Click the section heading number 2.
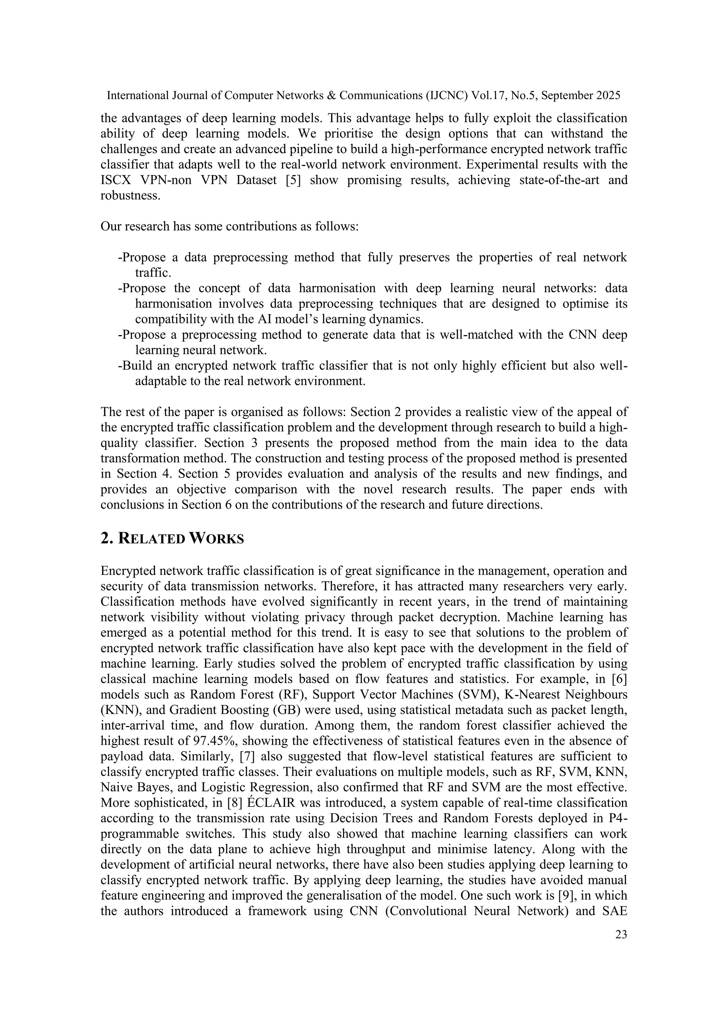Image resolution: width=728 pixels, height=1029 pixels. (x=106, y=538)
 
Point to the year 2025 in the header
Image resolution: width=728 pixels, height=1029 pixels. (x=609, y=96)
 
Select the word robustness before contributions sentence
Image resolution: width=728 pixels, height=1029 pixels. (x=130, y=196)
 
